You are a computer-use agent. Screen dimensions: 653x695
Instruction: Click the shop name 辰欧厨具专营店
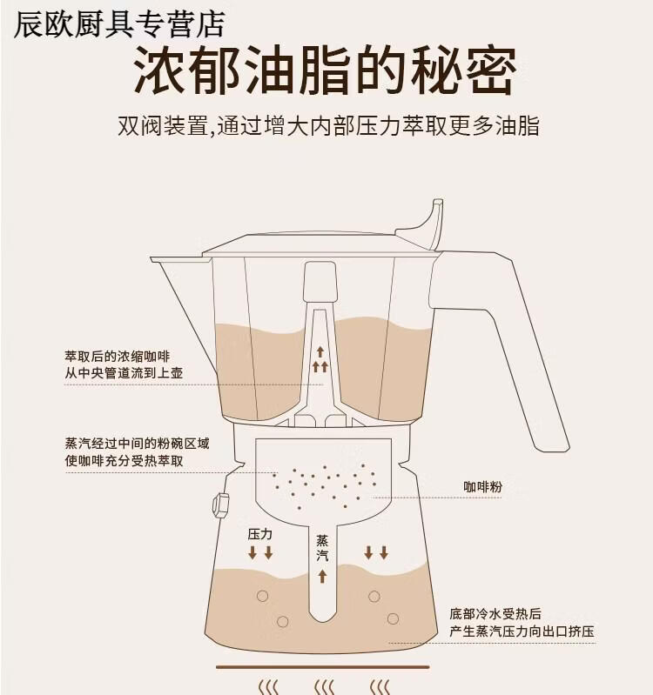pyautogui.click(x=119, y=24)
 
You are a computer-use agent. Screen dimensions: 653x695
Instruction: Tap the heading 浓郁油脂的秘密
pyautogui.click(x=325, y=70)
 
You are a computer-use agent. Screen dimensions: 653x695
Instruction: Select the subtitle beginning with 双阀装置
pyautogui.click(x=328, y=126)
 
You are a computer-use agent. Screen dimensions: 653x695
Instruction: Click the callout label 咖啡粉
pyautogui.click(x=482, y=487)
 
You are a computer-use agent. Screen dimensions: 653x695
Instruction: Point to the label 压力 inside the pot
pyautogui.click(x=260, y=534)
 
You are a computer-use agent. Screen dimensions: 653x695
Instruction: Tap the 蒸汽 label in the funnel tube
pyautogui.click(x=322, y=548)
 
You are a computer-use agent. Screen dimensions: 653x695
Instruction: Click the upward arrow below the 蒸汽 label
pyautogui.click(x=322, y=576)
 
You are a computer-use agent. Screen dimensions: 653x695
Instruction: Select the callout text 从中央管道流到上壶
pyautogui.click(x=124, y=373)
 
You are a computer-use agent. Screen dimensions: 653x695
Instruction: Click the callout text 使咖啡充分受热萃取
pyautogui.click(x=124, y=461)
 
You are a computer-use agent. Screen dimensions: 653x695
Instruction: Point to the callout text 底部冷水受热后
pyautogui.click(x=495, y=614)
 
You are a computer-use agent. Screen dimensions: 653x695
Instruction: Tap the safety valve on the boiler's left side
pyautogui.click(x=220, y=505)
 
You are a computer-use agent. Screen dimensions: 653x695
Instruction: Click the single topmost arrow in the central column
pyautogui.click(x=320, y=352)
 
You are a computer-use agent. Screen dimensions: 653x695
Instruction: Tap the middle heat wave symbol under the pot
pyautogui.click(x=324, y=686)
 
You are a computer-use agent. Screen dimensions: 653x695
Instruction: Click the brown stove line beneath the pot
pyautogui.click(x=322, y=666)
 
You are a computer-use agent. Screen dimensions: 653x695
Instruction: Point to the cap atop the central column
pyautogui.click(x=320, y=282)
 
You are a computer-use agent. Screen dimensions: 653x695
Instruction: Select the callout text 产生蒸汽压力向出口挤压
pyautogui.click(x=522, y=632)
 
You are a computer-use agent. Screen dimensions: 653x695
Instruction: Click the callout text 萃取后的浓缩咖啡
pyautogui.click(x=118, y=357)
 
